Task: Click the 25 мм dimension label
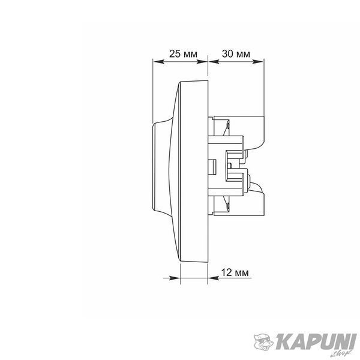[183, 54]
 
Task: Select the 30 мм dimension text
[236, 54]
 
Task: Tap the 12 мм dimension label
[235, 272]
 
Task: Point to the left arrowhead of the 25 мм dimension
[158, 62]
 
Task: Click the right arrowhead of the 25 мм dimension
[202, 62]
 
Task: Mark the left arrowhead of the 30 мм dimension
[214, 62]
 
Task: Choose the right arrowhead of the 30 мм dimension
[258, 62]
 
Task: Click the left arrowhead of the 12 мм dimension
[175, 278]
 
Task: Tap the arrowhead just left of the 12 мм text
[214, 278]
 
